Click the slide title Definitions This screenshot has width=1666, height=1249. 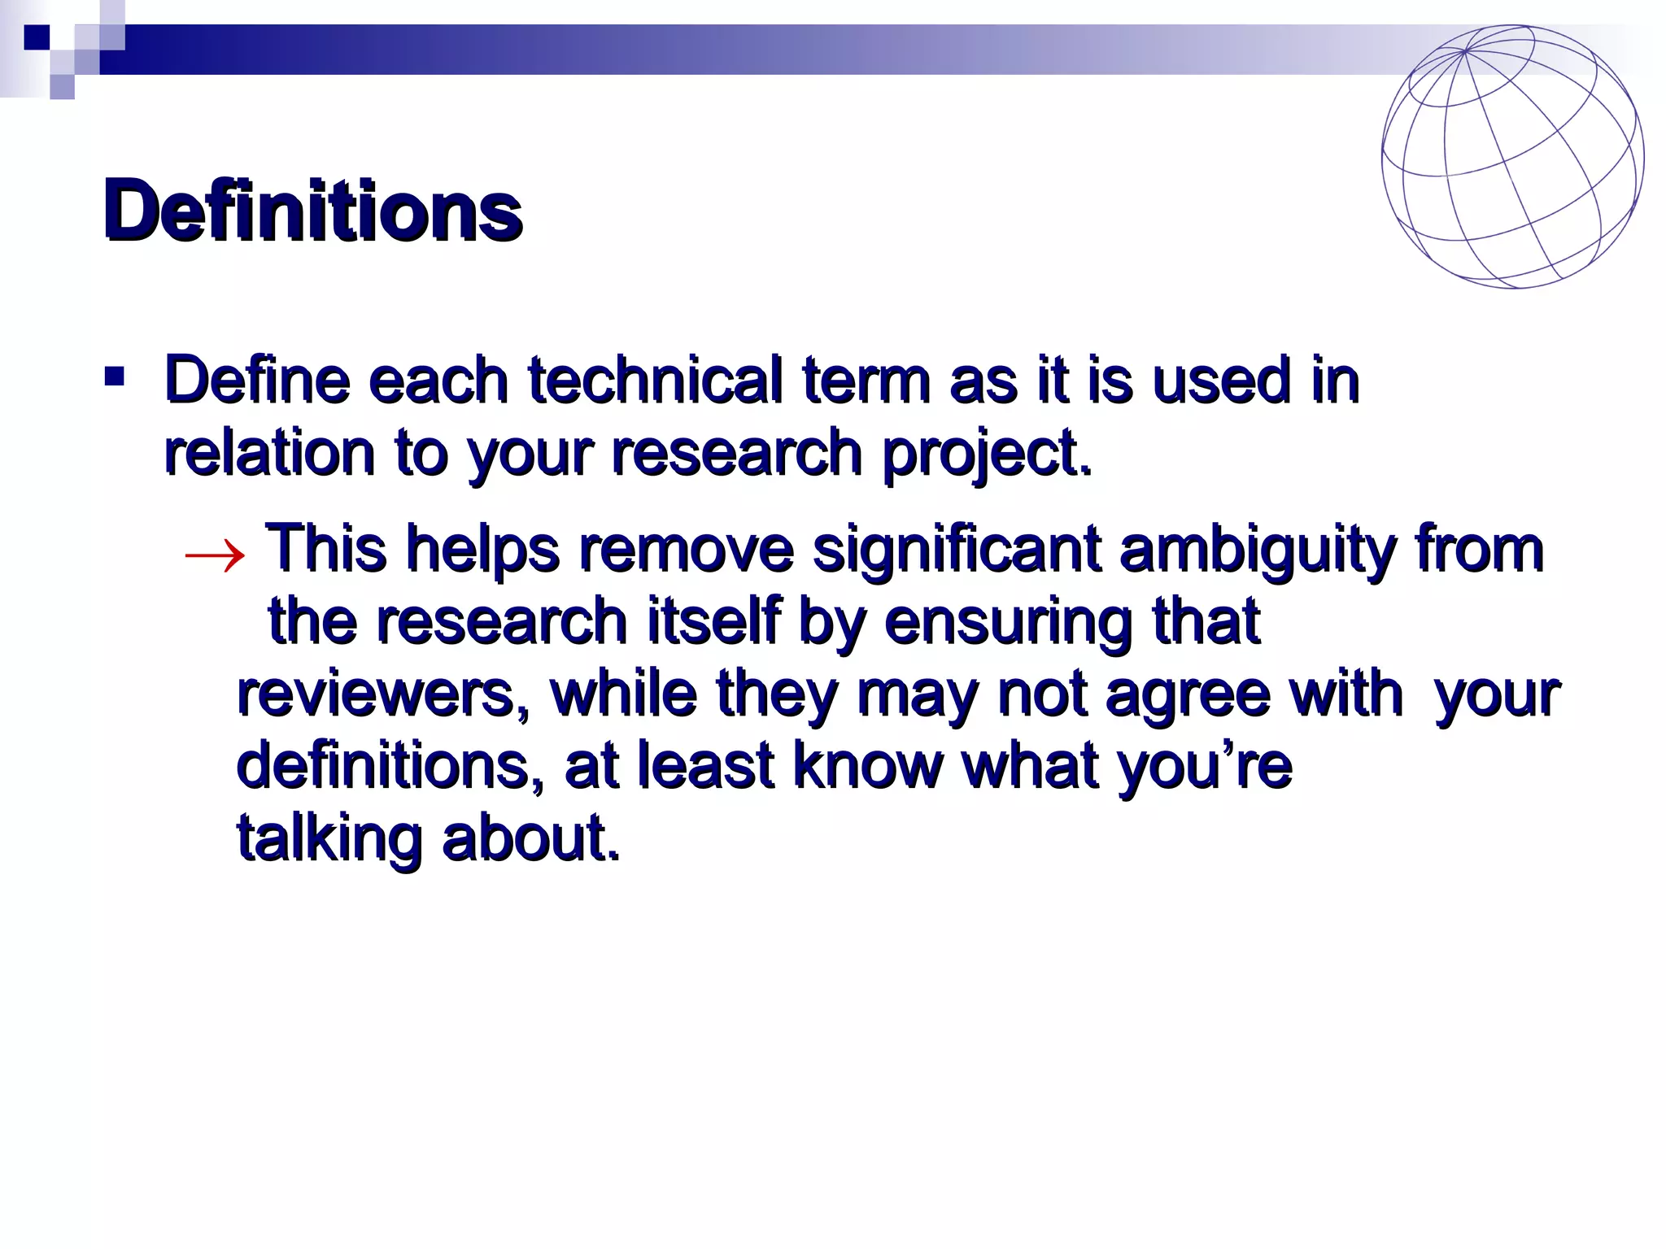coord(312,211)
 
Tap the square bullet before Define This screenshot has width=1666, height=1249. coord(114,376)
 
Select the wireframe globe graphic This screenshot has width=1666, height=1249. coord(1511,157)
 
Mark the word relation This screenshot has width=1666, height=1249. coord(269,452)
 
